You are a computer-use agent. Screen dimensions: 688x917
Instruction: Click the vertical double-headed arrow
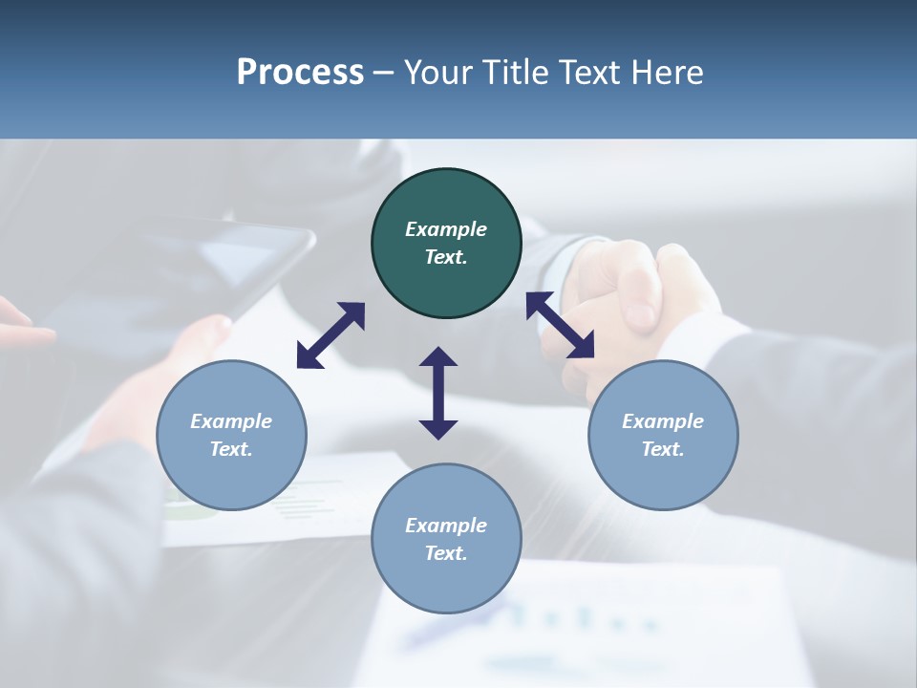438,393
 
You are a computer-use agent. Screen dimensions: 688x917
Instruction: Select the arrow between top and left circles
331,335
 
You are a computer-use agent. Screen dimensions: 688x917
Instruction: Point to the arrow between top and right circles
561,325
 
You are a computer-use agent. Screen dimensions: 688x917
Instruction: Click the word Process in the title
300,72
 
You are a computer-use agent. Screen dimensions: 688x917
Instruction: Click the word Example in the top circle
446,229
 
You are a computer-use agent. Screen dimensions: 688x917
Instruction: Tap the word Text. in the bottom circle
446,553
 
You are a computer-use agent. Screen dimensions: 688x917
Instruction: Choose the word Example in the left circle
231,421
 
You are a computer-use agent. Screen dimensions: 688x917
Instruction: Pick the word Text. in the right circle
663,449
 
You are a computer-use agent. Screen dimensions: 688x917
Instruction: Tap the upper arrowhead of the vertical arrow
438,356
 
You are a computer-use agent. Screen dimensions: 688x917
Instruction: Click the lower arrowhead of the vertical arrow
438,429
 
